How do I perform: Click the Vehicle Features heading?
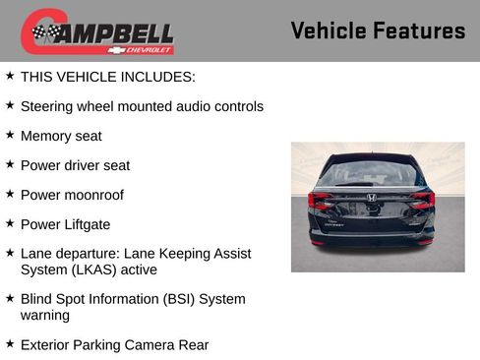378,30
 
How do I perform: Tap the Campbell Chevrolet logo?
97,32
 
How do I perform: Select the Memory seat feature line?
61,136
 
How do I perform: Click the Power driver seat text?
75,165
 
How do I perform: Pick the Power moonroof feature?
72,195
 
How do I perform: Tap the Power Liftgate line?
65,224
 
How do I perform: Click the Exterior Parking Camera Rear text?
114,344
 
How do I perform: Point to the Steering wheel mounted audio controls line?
142,106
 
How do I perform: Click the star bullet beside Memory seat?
10,135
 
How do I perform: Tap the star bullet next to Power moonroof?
10,194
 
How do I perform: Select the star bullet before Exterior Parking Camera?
10,343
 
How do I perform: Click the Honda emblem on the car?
372,198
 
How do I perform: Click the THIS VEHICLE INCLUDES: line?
108,77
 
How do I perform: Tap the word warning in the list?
45,316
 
